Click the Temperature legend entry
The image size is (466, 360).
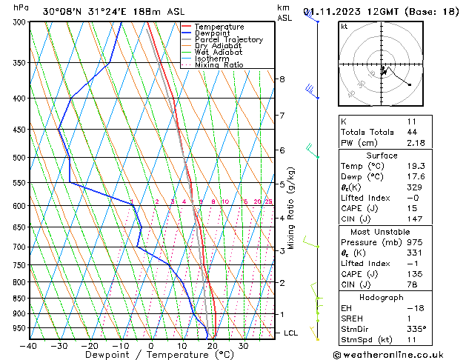pos(219,27)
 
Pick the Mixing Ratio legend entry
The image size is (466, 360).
pos(219,65)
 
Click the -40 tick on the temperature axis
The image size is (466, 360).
pos(29,346)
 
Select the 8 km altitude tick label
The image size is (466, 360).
pos(282,79)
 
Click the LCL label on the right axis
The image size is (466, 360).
pos(291,333)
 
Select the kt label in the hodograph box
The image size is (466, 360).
pos(344,27)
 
